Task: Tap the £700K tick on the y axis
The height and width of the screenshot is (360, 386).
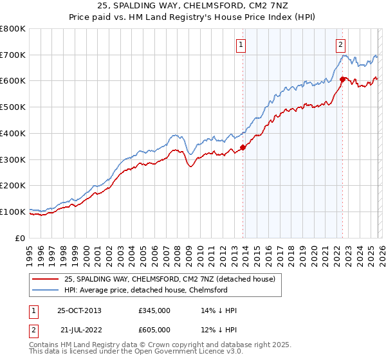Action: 13,55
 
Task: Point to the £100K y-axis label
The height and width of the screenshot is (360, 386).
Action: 13,212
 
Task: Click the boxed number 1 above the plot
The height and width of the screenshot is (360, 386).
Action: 241,44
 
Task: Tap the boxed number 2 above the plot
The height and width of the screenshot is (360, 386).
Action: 340,44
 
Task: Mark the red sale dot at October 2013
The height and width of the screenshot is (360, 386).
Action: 243,147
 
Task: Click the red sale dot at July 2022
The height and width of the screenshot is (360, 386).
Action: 342,80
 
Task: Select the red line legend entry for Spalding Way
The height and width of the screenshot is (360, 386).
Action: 170,279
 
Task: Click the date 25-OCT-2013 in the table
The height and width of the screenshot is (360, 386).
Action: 78,310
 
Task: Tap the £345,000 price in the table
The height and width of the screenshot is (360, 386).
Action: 154,310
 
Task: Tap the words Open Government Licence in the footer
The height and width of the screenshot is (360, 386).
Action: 176,352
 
